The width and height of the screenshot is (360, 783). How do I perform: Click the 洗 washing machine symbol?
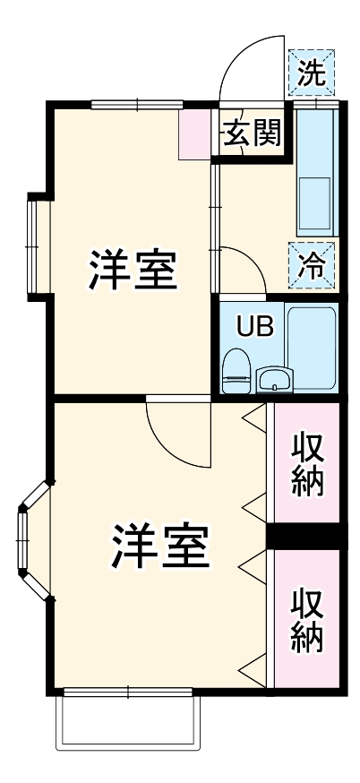[x=313, y=73]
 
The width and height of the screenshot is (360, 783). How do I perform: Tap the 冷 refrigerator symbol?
[x=313, y=265]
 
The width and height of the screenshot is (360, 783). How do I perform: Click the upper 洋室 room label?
[x=132, y=270]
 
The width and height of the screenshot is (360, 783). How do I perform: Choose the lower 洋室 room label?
[x=160, y=547]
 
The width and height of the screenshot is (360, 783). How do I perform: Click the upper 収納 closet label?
[x=306, y=464]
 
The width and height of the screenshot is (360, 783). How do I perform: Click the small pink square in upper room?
[x=192, y=134]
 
